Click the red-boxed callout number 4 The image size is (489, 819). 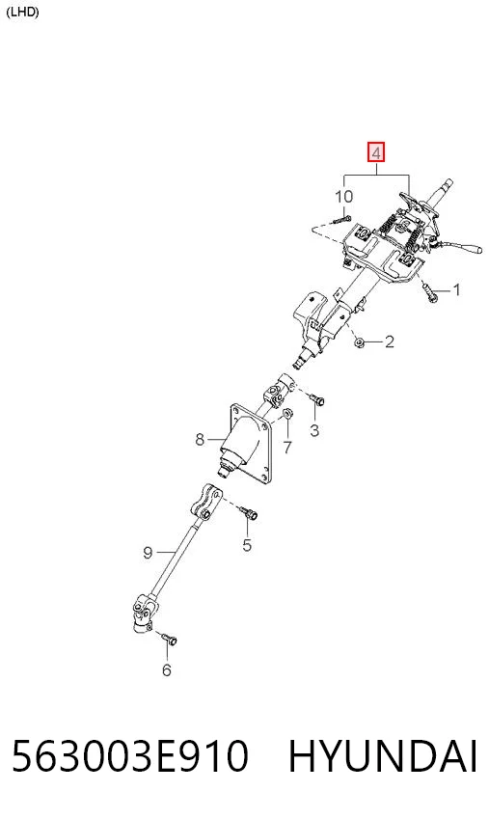click(x=376, y=152)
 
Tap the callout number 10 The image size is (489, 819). click(x=343, y=197)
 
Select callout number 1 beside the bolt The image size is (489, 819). click(x=456, y=289)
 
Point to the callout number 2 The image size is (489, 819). click(x=390, y=341)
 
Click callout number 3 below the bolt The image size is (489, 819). click(x=314, y=430)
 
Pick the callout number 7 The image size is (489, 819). click(x=287, y=447)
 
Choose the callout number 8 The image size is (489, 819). click(x=200, y=440)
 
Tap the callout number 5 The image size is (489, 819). click(x=247, y=545)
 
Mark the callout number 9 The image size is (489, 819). click(x=148, y=552)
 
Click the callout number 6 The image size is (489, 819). click(x=166, y=669)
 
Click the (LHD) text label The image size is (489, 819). click(x=22, y=12)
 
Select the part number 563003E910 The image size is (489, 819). click(x=130, y=756)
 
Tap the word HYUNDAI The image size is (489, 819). click(x=383, y=756)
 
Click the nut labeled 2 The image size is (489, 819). click(x=359, y=342)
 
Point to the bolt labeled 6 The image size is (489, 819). click(x=169, y=639)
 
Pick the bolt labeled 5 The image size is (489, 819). click(x=248, y=512)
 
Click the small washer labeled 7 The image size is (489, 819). click(x=286, y=415)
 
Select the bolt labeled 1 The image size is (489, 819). click(x=430, y=292)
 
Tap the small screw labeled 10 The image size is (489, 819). click(x=340, y=219)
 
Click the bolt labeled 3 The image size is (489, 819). click(x=317, y=399)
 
